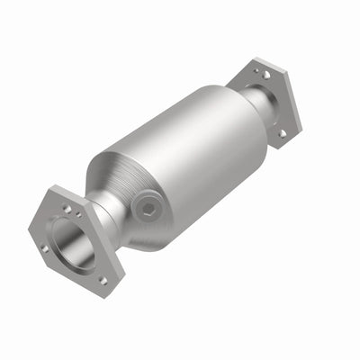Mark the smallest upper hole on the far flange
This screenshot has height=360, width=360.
coord(255,69)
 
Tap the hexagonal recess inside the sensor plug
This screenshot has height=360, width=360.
coord(147,208)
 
